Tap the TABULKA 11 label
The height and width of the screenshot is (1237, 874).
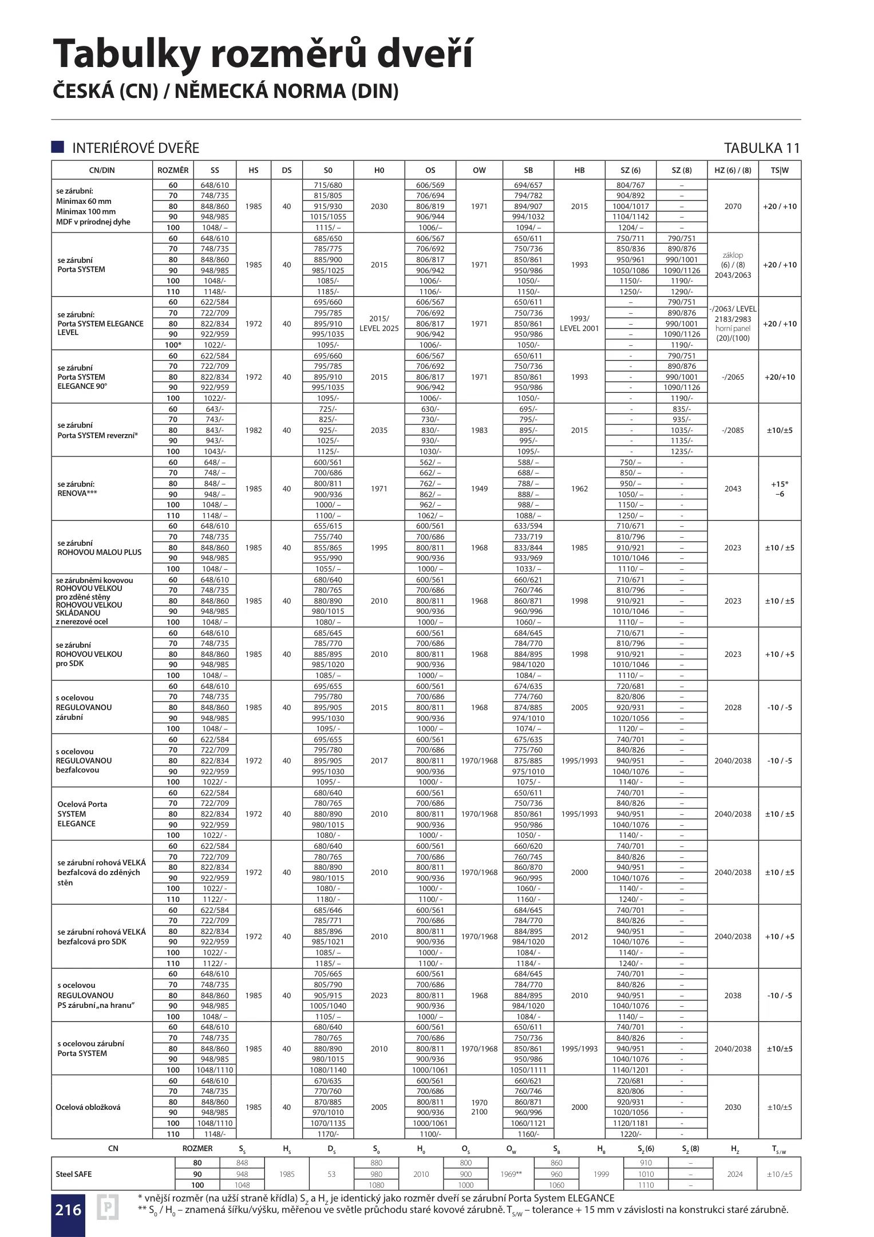click(x=761, y=148)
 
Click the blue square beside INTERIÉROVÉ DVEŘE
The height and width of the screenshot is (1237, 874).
click(x=58, y=147)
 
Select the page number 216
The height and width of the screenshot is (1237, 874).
click(x=68, y=1210)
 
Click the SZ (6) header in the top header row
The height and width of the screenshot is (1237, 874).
click(x=630, y=170)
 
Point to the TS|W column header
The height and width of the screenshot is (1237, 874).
click(x=780, y=170)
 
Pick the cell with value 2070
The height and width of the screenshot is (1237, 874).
click(x=733, y=206)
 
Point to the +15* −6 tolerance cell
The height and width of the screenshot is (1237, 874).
click(x=780, y=489)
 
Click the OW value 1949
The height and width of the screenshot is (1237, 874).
click(x=479, y=489)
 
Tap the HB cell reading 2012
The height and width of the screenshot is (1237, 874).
click(x=579, y=936)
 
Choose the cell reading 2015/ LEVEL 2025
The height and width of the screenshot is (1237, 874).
click(x=379, y=324)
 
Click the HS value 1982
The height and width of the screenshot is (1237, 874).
click(x=254, y=430)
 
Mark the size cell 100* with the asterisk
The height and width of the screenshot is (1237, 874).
click(x=173, y=345)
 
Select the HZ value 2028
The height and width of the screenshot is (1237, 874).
click(x=733, y=707)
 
